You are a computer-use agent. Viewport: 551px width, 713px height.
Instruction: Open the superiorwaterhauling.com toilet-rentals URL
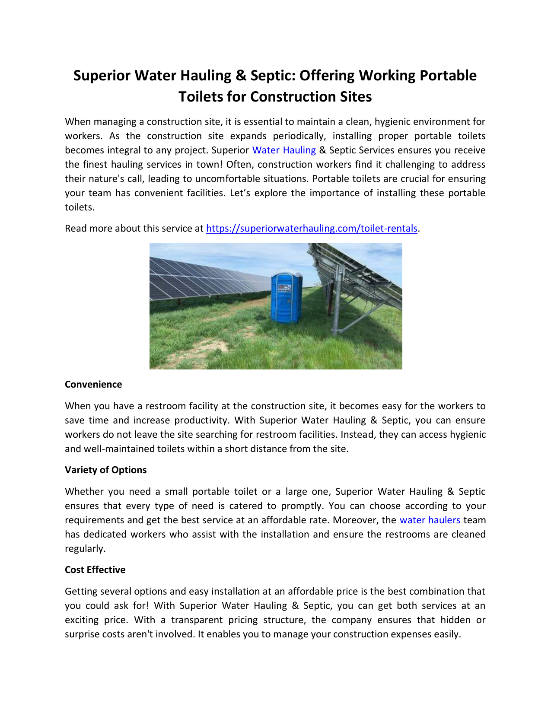point(312,228)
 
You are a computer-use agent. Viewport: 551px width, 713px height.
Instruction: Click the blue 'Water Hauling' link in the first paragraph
point(284,150)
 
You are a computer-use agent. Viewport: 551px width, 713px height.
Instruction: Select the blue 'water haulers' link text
point(430,520)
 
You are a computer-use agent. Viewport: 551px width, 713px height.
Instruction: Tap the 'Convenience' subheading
point(93,384)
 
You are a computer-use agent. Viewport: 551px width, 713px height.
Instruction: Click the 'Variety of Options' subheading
point(105,470)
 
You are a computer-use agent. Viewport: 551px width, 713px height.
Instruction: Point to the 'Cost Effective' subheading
point(95,570)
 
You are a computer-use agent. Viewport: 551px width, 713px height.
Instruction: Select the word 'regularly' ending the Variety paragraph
point(84,548)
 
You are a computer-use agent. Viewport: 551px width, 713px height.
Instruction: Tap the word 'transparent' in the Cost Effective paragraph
point(197,620)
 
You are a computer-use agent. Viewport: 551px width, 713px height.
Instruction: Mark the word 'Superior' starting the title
point(102,75)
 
